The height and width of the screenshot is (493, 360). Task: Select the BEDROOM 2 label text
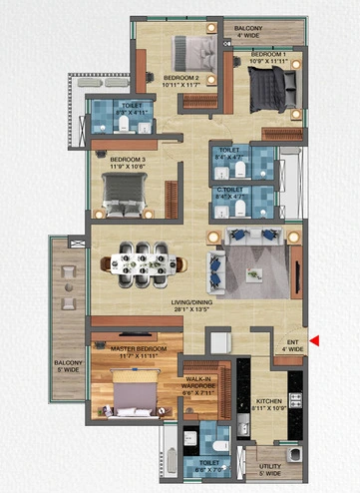coord(182,77)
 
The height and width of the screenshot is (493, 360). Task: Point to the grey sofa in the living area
coord(249,241)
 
